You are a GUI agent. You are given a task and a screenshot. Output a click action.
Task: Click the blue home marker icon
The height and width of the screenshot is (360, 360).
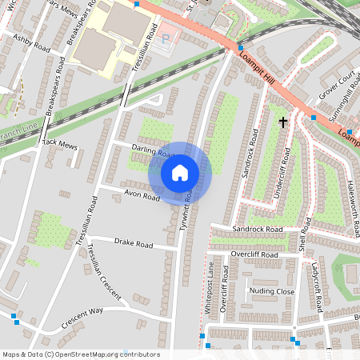click(x=180, y=172)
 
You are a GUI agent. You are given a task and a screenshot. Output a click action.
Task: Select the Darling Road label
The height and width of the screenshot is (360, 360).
click(x=154, y=152)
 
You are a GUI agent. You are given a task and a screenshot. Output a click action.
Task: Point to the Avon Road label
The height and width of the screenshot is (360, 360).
click(x=141, y=194)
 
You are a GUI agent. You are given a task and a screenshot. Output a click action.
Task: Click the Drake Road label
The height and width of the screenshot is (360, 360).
click(x=133, y=242)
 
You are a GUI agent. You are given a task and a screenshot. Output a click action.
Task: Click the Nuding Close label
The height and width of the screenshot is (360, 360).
click(x=272, y=291)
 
